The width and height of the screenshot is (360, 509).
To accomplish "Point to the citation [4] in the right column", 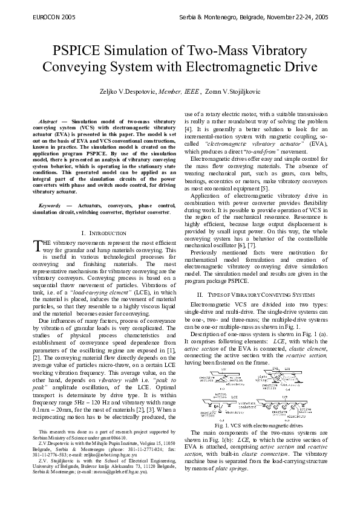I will click(x=188, y=129).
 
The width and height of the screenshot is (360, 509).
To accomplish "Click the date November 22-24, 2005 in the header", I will click(x=295, y=18).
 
